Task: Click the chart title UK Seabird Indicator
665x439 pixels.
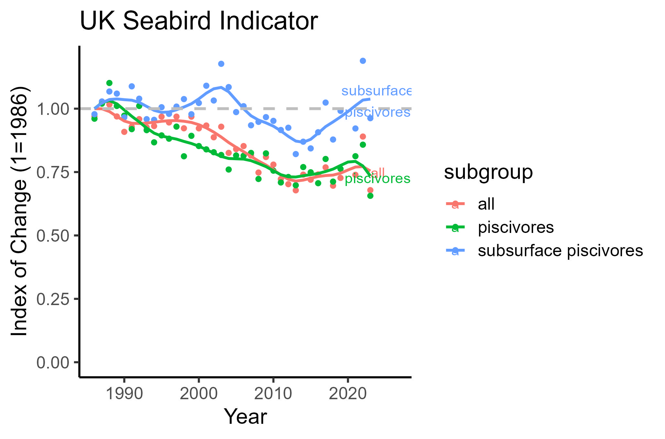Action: tap(198, 21)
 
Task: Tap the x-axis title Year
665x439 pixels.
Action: tap(245, 417)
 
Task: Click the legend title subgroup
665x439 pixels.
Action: tap(488, 172)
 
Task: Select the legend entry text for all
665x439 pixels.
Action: tap(486, 204)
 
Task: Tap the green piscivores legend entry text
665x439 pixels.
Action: tap(516, 227)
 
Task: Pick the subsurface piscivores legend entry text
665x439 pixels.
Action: tap(560, 251)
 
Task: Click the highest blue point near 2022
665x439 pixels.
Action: tap(363, 61)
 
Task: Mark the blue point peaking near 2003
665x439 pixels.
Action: tap(221, 64)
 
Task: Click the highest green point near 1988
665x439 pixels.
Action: tap(109, 83)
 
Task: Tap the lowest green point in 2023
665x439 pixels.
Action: tap(370, 196)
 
